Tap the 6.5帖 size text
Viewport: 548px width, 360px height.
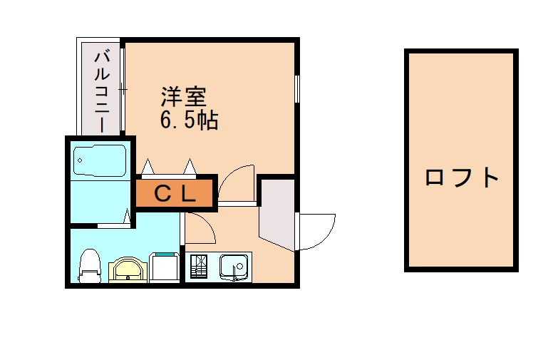click(x=188, y=120)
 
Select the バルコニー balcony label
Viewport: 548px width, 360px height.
click(x=100, y=90)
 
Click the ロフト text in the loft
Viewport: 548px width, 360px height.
click(x=461, y=176)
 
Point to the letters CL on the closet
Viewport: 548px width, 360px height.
click(x=175, y=193)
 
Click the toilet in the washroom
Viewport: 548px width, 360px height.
click(x=88, y=266)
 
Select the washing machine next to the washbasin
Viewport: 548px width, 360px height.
click(x=166, y=268)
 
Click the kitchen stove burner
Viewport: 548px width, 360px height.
click(x=197, y=267)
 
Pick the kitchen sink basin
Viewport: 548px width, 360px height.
click(x=233, y=267)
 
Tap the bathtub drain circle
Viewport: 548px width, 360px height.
click(x=79, y=160)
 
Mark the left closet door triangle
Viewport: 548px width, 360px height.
click(x=149, y=168)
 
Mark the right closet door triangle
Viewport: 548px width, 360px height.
click(x=190, y=168)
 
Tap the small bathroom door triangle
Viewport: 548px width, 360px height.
click(x=127, y=217)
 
